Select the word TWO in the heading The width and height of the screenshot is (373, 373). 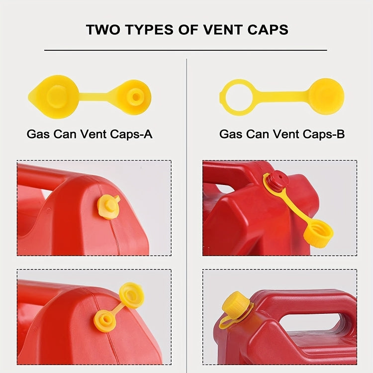(x=102, y=29)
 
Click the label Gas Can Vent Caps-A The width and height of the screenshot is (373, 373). (x=89, y=134)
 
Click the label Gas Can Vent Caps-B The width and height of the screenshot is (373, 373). (x=282, y=134)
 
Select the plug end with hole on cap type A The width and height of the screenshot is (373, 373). (x=135, y=95)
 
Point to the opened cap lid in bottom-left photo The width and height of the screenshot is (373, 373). (x=131, y=295)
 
